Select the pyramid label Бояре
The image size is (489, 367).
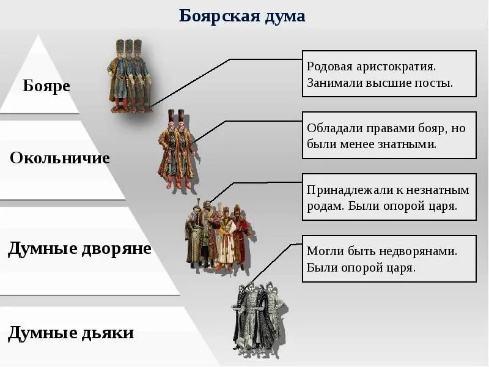[46, 86]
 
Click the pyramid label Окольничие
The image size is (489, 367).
[60, 158]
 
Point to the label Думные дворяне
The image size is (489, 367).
[79, 249]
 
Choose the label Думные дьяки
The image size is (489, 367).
[71, 333]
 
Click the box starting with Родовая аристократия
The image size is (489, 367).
[389, 73]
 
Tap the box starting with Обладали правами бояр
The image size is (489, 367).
[389, 135]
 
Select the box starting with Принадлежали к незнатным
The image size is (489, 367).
[389, 197]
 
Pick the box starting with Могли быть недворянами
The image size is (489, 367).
[389, 259]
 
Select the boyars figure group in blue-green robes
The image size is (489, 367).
[130, 76]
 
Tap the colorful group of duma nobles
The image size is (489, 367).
[218, 235]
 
